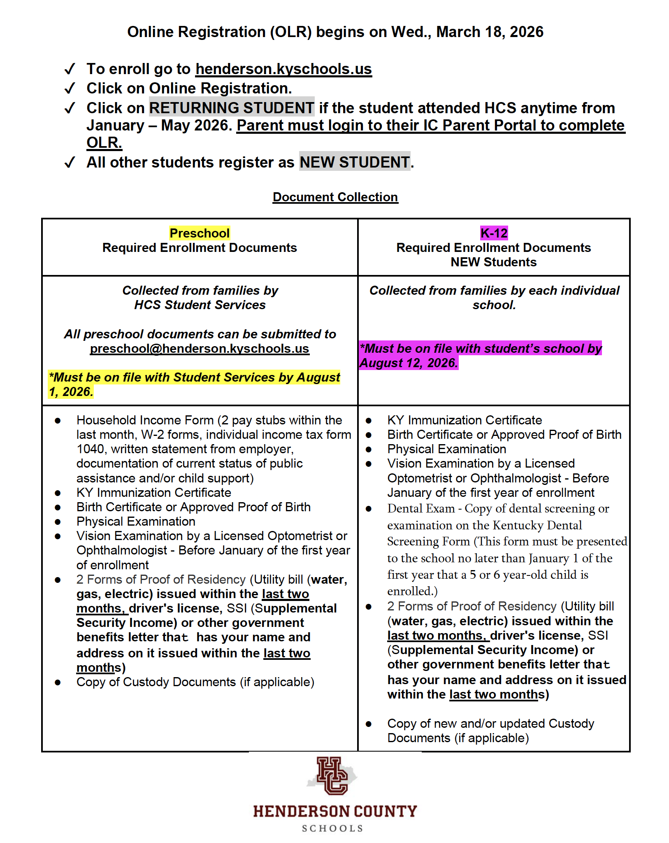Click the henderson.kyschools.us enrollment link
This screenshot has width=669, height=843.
point(283,69)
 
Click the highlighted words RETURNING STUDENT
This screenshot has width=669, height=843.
point(232,108)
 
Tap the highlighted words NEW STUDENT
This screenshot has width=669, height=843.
point(354,162)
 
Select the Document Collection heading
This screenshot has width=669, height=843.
point(335,197)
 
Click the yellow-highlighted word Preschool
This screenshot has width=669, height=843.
point(200,233)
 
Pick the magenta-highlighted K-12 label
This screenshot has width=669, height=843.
point(494,233)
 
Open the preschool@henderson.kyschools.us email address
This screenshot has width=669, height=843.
point(200,349)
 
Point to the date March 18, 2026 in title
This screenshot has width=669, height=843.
point(490,32)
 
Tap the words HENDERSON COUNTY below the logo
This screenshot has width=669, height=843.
point(335,811)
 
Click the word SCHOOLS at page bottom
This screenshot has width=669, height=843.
point(332,829)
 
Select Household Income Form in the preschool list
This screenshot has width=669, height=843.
point(145,420)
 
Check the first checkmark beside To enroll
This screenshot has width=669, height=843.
point(70,69)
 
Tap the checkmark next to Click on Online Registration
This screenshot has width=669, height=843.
point(70,88)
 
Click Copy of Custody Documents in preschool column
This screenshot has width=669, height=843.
point(195,682)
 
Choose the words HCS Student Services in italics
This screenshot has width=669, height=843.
point(200,305)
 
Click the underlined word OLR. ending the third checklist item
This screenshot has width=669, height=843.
point(104,143)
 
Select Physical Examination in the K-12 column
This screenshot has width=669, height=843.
point(446,449)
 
